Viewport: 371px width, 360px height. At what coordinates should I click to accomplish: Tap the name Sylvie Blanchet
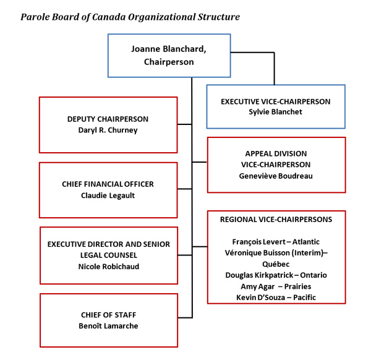(275, 111)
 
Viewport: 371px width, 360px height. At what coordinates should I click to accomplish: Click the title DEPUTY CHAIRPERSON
(108, 119)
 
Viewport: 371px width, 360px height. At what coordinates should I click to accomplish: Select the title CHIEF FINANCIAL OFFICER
(108, 184)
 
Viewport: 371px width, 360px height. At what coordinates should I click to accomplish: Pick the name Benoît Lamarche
(108, 326)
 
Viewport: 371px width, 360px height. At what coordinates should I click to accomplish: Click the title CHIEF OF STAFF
(108, 315)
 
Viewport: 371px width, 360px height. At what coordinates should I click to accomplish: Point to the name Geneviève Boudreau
(276, 175)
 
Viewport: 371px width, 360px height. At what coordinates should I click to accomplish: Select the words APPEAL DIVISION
(276, 153)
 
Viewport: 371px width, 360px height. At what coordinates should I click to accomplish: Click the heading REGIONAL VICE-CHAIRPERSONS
(276, 220)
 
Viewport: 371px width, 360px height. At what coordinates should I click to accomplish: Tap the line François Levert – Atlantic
(276, 242)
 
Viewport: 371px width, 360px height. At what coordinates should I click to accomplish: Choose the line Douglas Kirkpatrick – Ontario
(276, 275)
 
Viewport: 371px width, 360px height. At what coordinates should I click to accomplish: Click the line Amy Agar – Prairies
(276, 286)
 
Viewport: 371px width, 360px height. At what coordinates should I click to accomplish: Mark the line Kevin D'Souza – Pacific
(276, 297)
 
